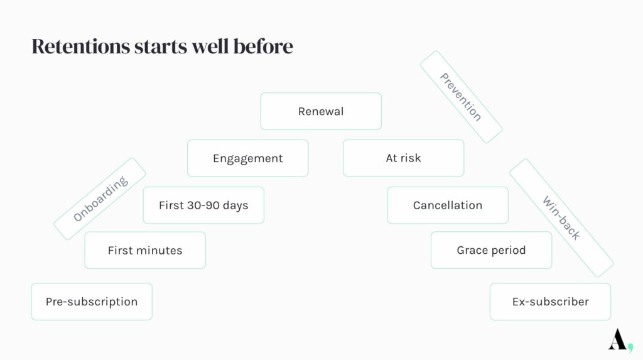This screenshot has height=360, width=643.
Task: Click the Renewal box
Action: point(321,111)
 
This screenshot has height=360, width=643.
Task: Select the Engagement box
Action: point(247,158)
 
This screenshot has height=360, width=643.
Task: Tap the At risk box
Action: point(404,158)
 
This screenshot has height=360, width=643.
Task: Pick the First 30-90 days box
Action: point(203,205)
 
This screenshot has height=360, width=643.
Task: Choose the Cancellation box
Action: point(448,205)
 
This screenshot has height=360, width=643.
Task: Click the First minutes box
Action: point(145,251)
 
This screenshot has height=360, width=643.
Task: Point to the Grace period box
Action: point(491,250)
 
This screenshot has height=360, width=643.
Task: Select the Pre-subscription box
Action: point(92,302)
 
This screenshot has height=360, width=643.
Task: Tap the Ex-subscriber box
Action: point(550,302)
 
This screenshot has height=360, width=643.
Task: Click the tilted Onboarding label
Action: point(100,199)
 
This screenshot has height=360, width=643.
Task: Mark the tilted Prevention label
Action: point(461,97)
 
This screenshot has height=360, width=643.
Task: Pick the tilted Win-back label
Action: point(561,218)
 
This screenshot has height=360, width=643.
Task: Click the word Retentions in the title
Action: point(81,46)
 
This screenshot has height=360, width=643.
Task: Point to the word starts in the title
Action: point(161,46)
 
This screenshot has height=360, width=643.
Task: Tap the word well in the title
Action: point(210,46)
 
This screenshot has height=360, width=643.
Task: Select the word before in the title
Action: point(263,46)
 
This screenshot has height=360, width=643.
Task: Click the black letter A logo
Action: point(617,339)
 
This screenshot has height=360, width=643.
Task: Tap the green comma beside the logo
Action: point(630,347)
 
